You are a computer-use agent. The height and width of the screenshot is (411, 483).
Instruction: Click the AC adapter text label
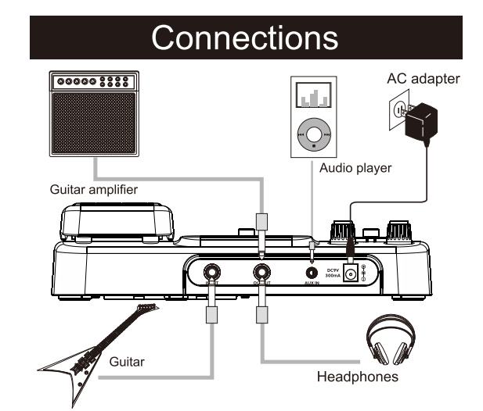(424, 79)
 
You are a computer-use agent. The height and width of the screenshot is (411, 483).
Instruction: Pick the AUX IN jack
(312, 273)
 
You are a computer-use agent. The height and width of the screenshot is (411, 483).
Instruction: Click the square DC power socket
(351, 273)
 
